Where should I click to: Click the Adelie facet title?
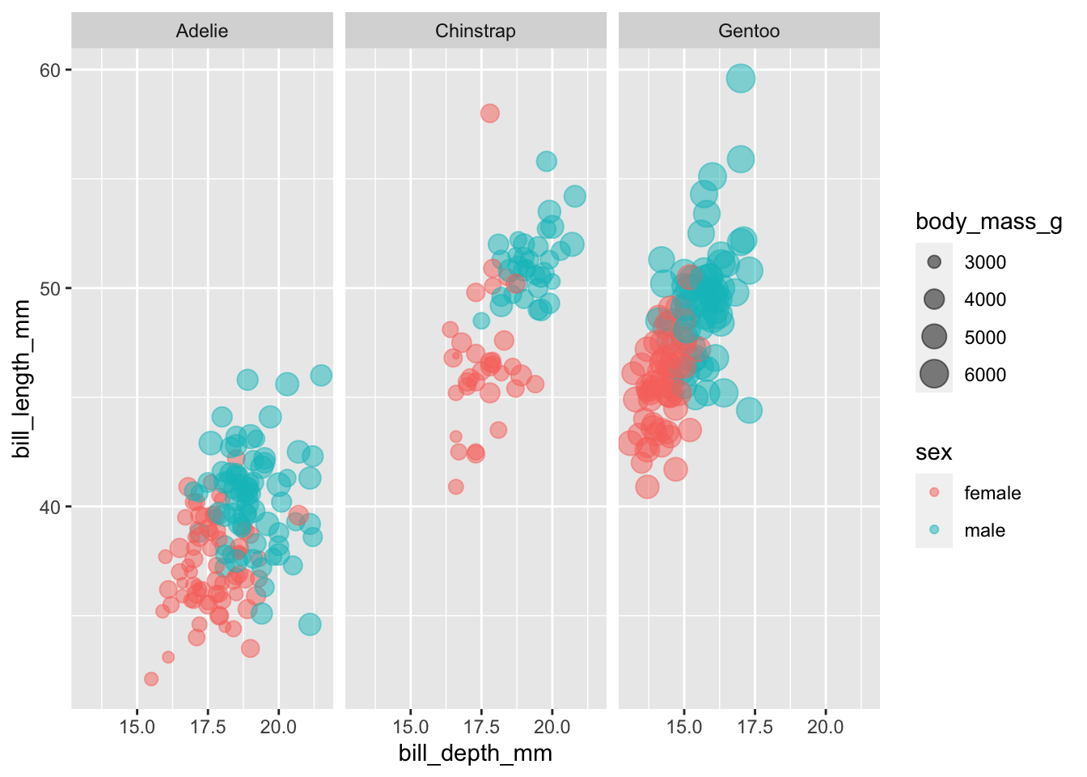click(x=202, y=31)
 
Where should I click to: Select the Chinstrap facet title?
click(x=476, y=31)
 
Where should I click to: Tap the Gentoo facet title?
click(x=749, y=31)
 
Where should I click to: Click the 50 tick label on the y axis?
click(x=50, y=289)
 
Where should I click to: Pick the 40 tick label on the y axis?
click(x=50, y=507)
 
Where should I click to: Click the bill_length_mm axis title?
click(x=22, y=379)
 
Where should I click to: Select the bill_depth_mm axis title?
click(x=476, y=754)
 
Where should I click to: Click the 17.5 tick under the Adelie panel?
click(x=208, y=727)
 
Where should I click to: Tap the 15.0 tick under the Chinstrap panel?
click(x=410, y=727)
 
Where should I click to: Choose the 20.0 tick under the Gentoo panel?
click(x=826, y=727)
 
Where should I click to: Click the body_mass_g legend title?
click(x=988, y=222)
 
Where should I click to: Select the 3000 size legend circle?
click(x=934, y=262)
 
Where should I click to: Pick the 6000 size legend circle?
click(x=934, y=374)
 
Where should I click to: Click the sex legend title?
click(x=933, y=452)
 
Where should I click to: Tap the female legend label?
click(x=992, y=493)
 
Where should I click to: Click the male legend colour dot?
click(x=934, y=530)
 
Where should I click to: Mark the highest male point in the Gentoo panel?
click(x=741, y=79)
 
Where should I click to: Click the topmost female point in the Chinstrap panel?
click(x=490, y=113)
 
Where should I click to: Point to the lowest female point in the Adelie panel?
click(x=151, y=679)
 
